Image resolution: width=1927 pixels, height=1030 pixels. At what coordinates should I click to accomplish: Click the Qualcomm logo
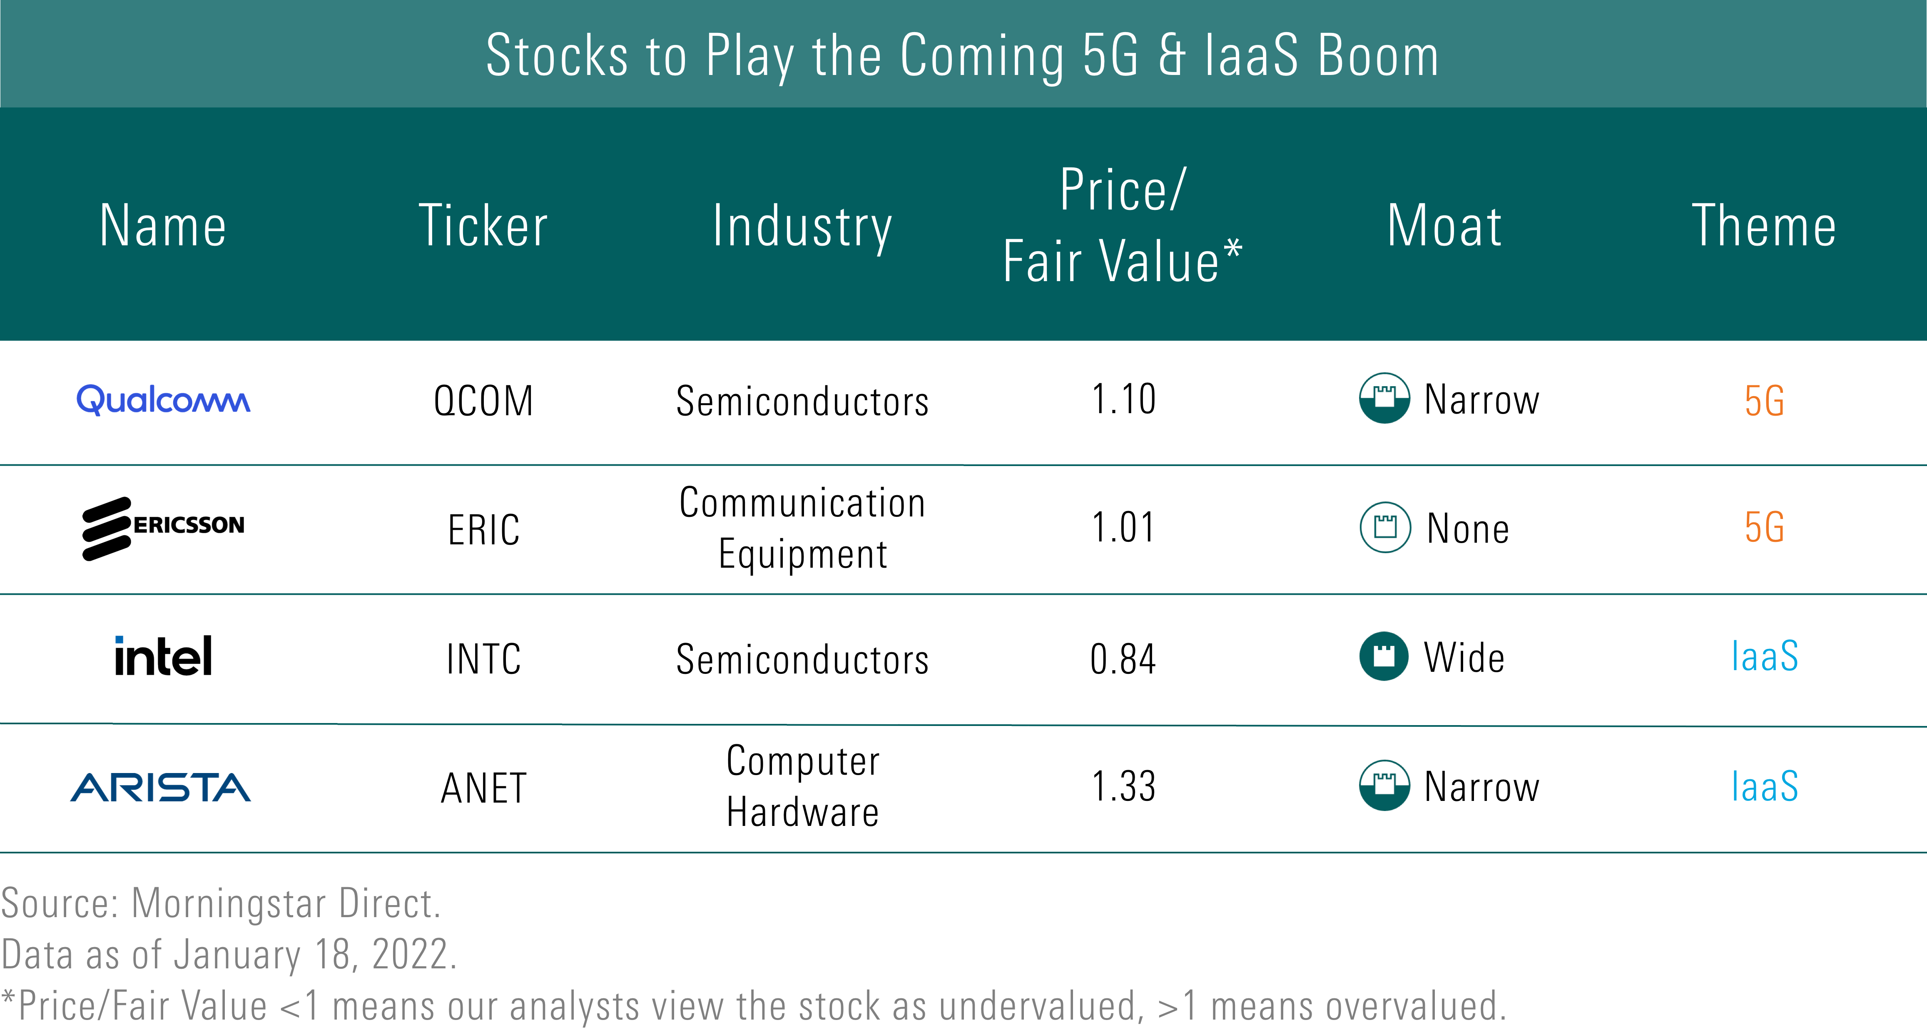pos(163,399)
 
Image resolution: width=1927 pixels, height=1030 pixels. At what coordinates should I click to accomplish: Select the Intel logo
pos(163,656)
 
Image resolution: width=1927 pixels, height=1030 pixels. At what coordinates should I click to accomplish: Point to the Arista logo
pos(161,787)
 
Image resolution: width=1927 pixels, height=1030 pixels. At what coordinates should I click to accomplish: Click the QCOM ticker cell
pos(483,401)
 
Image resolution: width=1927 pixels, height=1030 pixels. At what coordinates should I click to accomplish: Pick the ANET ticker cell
pos(483,788)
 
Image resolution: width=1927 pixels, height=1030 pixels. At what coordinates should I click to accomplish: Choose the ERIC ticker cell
pos(483,530)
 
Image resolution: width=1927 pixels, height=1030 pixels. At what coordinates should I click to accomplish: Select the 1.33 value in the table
pos(1123,786)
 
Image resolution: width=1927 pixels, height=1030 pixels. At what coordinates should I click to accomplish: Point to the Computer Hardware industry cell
pos(803,786)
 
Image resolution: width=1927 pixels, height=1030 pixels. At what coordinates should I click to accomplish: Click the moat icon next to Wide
pos(1384,656)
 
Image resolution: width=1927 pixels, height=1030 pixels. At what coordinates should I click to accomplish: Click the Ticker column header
pos(483,225)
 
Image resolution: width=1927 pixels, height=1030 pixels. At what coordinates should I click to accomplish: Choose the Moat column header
pos(1444,225)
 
